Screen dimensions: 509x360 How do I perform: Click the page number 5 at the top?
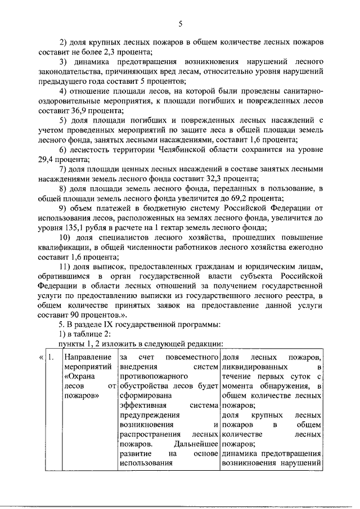[x=180, y=23]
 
